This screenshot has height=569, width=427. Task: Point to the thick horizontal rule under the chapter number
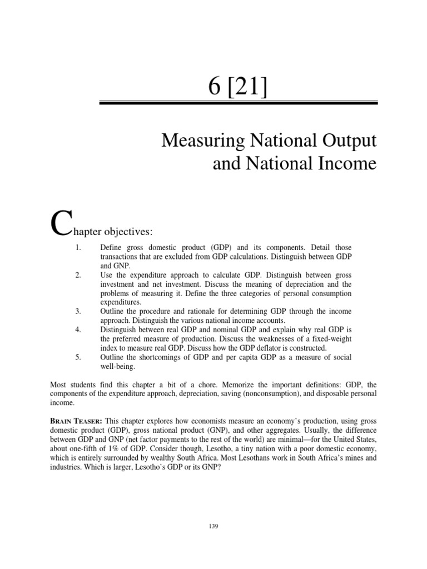pos(239,103)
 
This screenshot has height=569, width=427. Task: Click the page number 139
pos(213,526)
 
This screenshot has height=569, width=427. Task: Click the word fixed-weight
pos(332,338)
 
